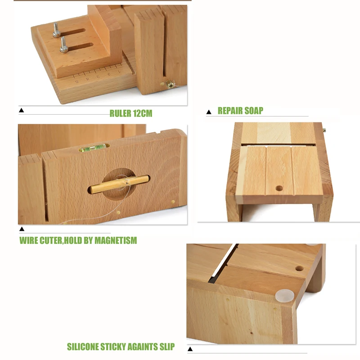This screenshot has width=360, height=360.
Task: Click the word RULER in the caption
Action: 121,113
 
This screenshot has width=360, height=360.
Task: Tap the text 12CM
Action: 143,113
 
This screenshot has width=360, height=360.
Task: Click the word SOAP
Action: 254,110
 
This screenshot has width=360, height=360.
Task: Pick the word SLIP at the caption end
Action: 166,347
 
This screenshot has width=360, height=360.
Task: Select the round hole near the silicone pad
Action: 299,269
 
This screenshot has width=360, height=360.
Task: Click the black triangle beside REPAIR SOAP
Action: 208,112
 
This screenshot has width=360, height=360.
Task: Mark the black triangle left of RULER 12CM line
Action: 21,110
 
